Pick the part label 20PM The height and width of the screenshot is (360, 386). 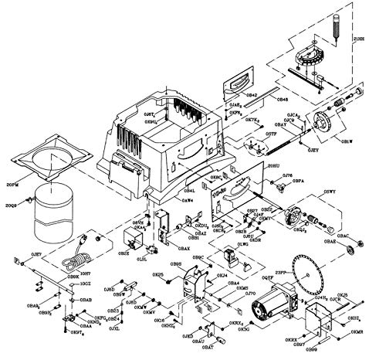pyautogui.click(x=12, y=185)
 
